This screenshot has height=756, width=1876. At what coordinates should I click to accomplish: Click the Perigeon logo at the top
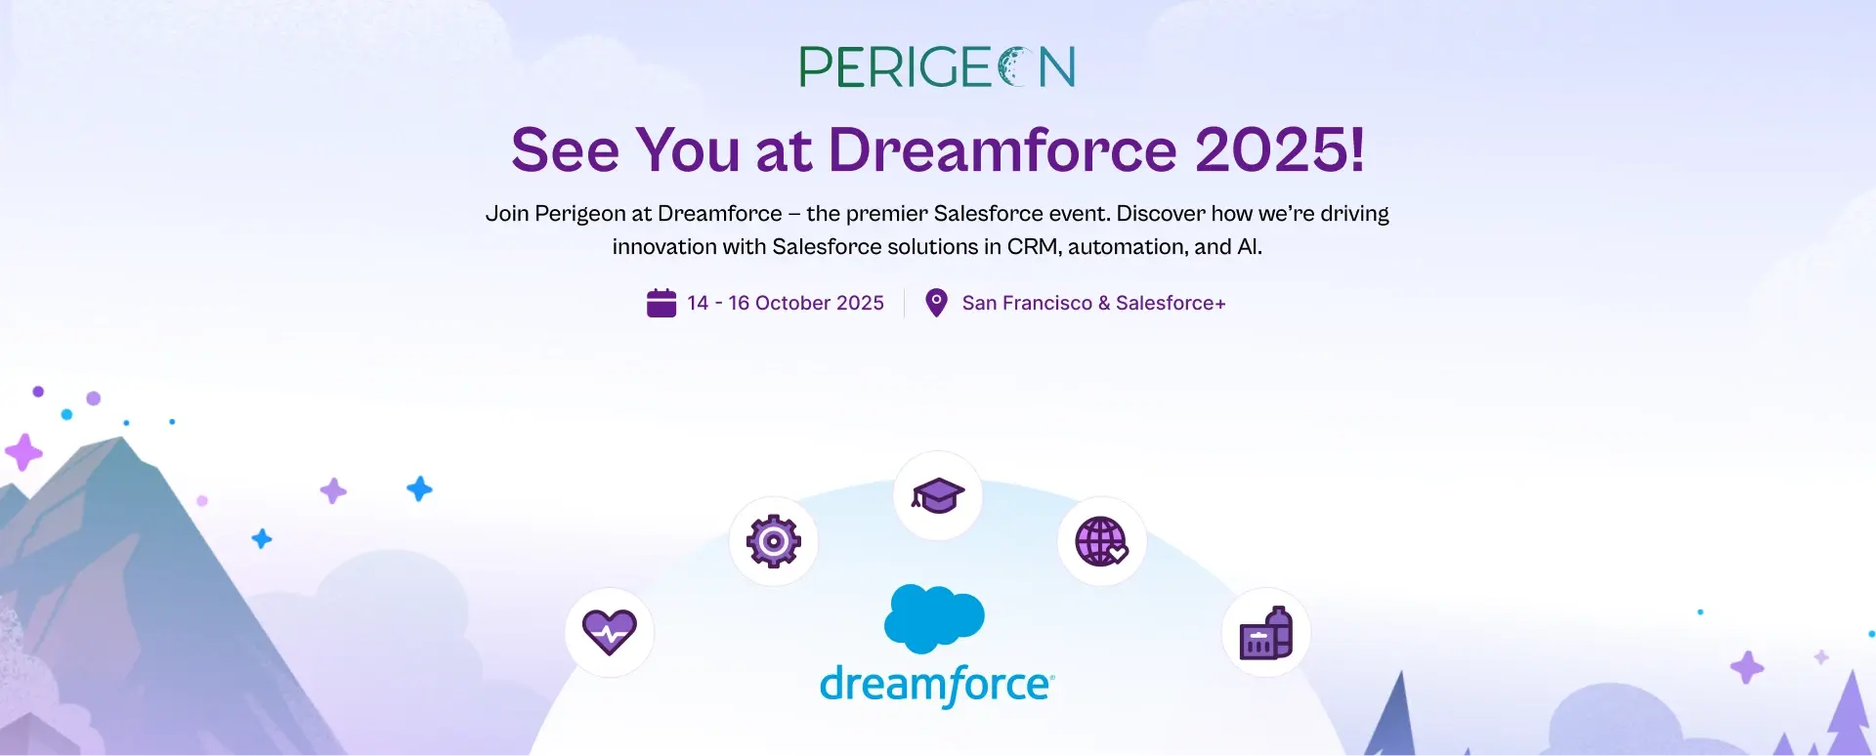point(937,66)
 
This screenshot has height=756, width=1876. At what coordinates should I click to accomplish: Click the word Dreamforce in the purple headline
point(1002,150)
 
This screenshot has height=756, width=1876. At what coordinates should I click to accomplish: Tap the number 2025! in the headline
point(1279,150)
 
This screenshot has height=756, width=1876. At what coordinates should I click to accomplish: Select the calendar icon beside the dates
point(661,303)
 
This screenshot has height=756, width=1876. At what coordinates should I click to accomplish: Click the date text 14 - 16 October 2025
point(786,303)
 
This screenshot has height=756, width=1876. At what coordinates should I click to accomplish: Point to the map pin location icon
point(936,303)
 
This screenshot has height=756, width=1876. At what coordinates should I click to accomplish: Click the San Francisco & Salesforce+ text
point(1093,303)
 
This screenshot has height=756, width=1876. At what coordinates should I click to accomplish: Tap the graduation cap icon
point(938,495)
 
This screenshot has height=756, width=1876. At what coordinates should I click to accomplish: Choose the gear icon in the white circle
point(774,541)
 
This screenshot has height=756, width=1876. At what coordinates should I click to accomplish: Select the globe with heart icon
point(1102,541)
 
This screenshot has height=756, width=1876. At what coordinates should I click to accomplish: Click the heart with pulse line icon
point(610,632)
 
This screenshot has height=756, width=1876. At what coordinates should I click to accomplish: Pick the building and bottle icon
point(1266,633)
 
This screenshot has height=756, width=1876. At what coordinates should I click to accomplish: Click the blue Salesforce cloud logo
point(934,618)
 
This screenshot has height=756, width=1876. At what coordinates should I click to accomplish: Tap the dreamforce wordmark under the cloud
point(937,685)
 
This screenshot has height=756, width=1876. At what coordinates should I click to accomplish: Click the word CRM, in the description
point(1035,247)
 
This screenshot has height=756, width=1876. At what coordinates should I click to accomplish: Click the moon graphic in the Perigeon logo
point(1015,66)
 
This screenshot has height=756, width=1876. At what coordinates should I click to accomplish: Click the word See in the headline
point(565,150)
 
